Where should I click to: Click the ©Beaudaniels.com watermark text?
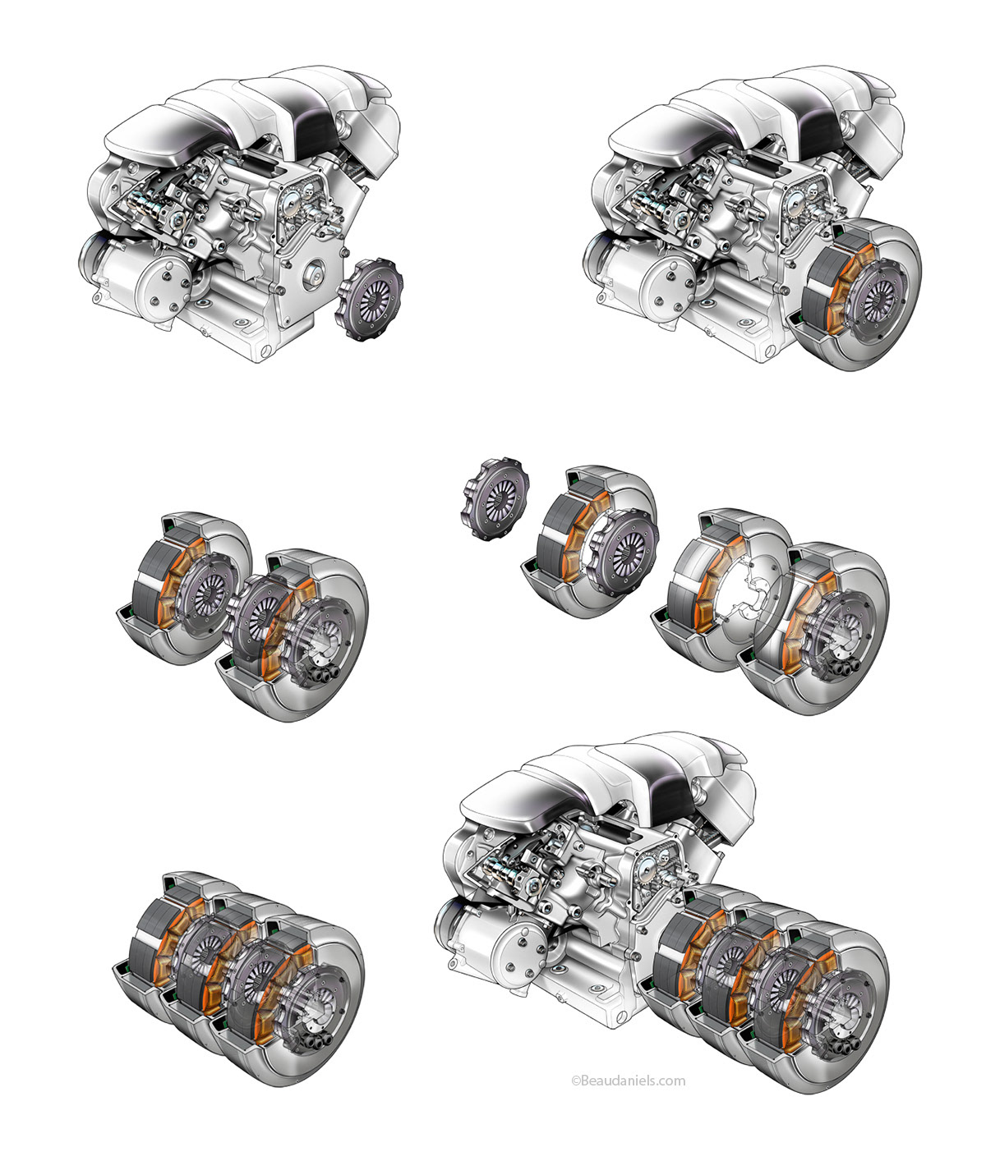tap(628, 1081)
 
